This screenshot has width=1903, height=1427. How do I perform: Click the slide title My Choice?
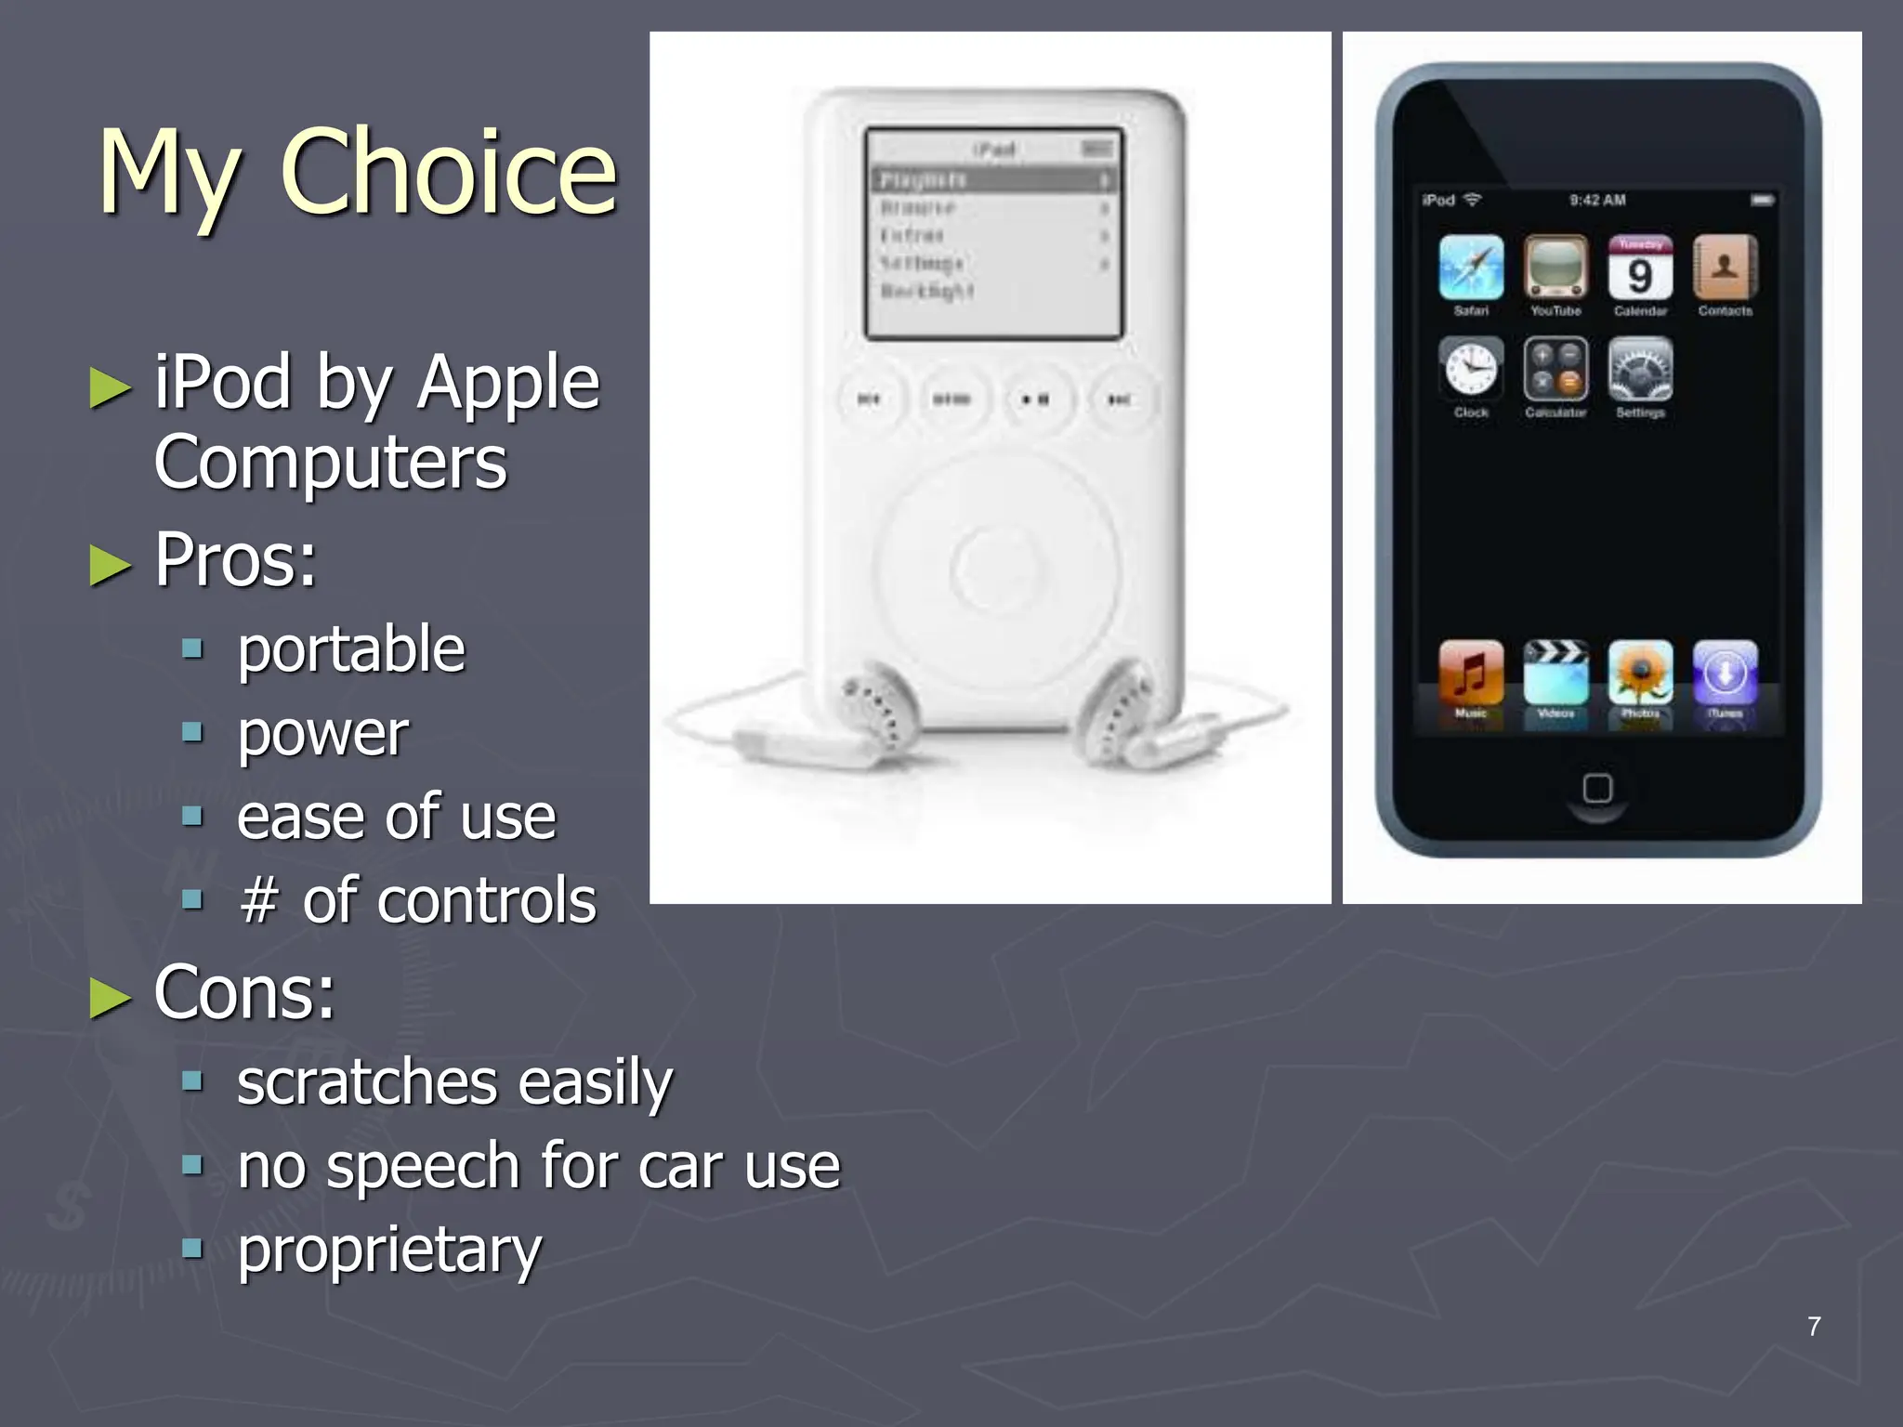click(x=358, y=172)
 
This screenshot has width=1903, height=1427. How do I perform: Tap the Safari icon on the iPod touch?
click(x=1471, y=268)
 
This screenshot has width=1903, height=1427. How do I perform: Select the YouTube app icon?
click(x=1555, y=268)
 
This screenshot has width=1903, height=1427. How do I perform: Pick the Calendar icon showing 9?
click(x=1640, y=268)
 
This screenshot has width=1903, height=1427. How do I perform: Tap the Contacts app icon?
click(x=1725, y=268)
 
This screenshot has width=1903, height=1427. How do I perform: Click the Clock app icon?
click(x=1471, y=369)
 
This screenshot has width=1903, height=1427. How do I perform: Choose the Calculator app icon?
click(x=1555, y=369)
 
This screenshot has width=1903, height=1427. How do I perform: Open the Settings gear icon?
click(x=1640, y=369)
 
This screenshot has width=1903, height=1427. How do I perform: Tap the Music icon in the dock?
click(x=1471, y=672)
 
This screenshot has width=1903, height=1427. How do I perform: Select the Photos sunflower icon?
click(x=1640, y=672)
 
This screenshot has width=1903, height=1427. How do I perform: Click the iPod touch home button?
click(x=1597, y=789)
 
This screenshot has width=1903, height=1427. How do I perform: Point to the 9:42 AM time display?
click(x=1597, y=200)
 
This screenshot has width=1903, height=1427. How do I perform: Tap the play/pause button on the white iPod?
click(x=1035, y=399)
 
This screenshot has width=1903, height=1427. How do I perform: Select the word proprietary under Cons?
click(x=389, y=1249)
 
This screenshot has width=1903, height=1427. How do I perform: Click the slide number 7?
click(x=1814, y=1327)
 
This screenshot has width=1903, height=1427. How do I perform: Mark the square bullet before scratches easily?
click(x=192, y=1081)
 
